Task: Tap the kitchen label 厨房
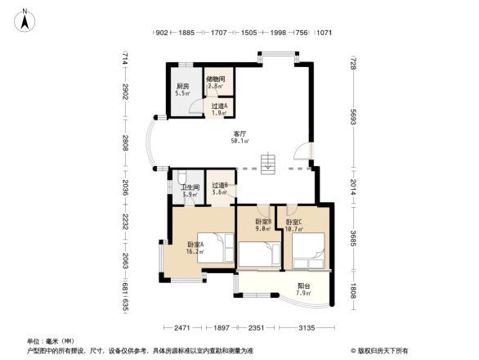(x=182, y=87)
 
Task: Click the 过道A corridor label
(x=218, y=107)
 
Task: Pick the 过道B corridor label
(x=219, y=186)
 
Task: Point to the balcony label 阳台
(x=302, y=287)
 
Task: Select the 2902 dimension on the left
(x=125, y=92)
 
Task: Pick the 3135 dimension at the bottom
(x=307, y=328)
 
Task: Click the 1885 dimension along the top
(x=186, y=33)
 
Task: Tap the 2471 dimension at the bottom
(x=181, y=328)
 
